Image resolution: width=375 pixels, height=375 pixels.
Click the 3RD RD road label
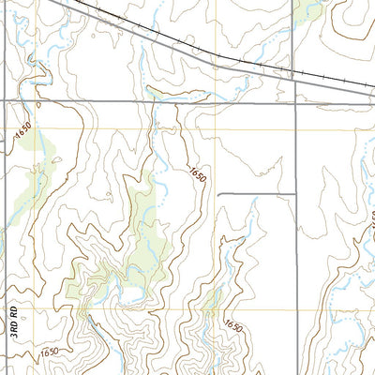point(14,324)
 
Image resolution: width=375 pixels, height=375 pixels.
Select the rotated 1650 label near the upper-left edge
point(22,134)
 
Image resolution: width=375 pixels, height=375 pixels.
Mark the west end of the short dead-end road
point(218,194)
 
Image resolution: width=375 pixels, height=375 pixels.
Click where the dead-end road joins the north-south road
point(295,194)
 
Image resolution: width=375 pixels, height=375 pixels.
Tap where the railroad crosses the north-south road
point(295,73)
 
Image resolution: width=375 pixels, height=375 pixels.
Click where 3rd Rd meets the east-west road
point(4,98)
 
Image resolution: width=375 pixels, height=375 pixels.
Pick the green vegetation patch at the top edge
point(307,9)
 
